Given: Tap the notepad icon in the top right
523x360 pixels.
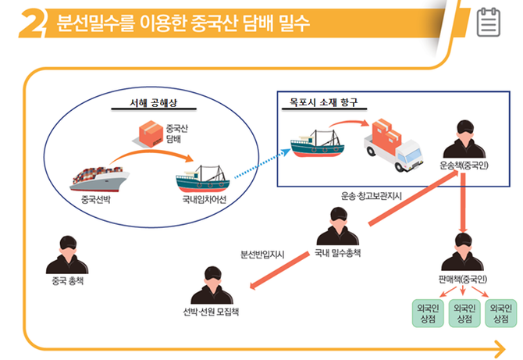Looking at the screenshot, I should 489,23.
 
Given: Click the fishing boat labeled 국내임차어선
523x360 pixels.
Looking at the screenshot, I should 202,180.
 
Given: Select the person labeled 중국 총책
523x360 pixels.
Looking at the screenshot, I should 66,254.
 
